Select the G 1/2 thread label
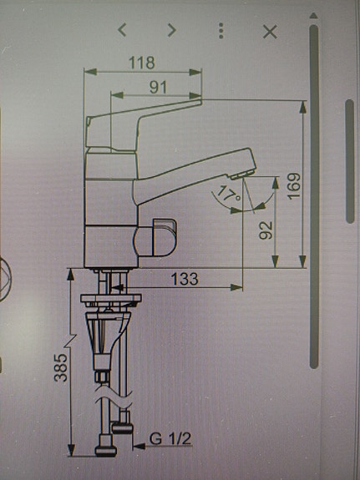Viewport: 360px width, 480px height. click(x=168, y=437)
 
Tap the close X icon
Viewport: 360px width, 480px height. click(x=270, y=31)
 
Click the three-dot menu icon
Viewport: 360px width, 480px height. click(x=221, y=31)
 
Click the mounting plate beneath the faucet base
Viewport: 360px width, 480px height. click(x=109, y=298)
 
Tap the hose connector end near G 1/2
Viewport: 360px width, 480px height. click(x=124, y=428)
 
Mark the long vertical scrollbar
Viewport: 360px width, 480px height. click(x=314, y=196)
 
